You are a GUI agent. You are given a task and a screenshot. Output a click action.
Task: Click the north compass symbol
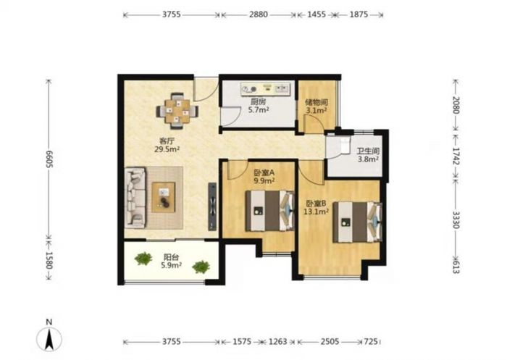[49, 339]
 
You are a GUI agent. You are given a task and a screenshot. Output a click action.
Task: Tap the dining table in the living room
[177, 111]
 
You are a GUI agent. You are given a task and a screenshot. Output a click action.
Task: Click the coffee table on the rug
[164, 197]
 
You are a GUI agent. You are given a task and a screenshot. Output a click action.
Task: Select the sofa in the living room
[135, 197]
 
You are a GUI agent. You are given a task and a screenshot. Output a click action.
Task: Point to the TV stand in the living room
[212, 206]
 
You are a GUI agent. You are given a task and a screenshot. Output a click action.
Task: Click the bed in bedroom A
[269, 211]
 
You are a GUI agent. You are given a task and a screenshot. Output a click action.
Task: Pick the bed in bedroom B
[358, 222]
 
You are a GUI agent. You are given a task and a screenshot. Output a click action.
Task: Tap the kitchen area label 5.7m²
[259, 110]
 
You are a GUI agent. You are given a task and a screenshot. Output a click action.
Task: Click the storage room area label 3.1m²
[316, 111]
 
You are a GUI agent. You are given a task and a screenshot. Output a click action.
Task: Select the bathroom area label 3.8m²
[368, 159]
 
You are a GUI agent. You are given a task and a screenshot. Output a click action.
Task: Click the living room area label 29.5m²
[167, 149]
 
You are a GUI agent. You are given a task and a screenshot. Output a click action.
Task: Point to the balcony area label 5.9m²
[171, 265]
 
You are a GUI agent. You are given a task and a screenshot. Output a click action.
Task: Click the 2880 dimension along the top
[259, 14]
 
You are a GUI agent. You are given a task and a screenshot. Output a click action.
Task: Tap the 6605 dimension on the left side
[49, 159]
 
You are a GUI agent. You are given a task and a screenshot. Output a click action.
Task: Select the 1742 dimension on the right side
[456, 156]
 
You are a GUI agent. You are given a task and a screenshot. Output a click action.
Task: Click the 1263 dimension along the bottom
[278, 342]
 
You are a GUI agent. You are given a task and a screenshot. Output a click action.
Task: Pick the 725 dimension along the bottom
[371, 342]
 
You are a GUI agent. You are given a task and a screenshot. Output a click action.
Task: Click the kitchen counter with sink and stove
[266, 88]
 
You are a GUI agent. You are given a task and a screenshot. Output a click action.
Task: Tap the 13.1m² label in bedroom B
[316, 212]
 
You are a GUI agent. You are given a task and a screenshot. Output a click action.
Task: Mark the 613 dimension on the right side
[456, 267]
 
